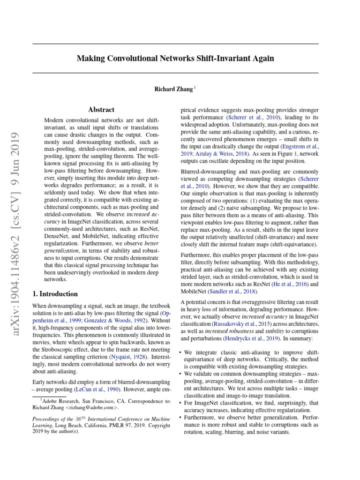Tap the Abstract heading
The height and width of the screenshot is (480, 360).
(101, 109)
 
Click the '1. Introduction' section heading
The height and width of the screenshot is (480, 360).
(55, 294)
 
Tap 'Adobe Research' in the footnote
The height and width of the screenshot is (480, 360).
(58, 401)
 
